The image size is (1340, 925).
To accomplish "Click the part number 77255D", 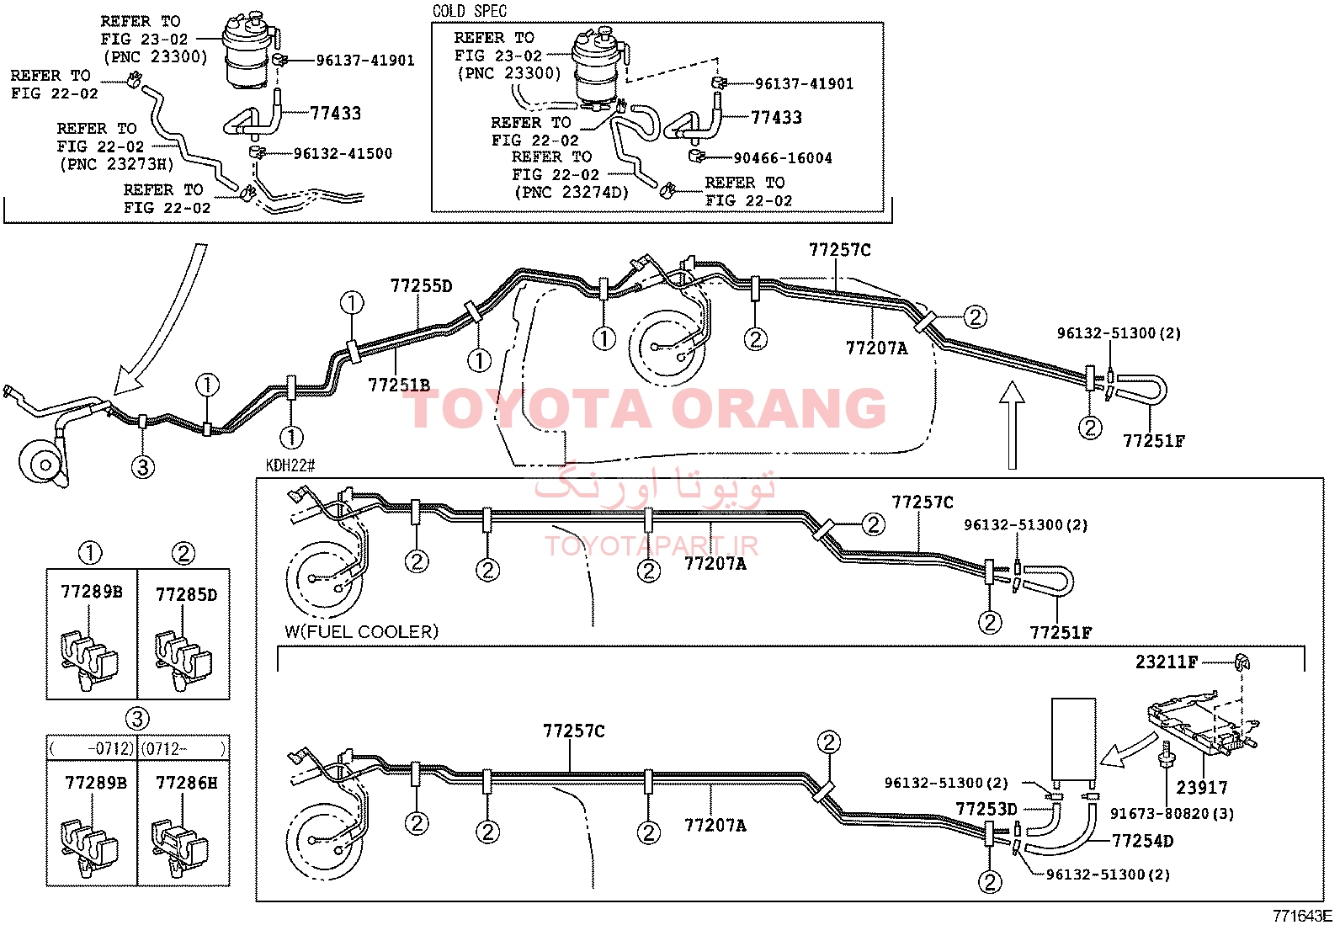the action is (x=421, y=286).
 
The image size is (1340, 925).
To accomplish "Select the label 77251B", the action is (x=399, y=385).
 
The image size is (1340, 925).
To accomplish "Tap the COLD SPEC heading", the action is (x=470, y=12).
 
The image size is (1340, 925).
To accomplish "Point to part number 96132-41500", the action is (x=343, y=154).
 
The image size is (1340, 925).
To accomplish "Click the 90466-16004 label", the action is (x=783, y=158).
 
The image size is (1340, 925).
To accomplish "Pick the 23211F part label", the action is (x=1167, y=662).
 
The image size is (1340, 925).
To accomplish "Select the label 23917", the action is (x=1202, y=788).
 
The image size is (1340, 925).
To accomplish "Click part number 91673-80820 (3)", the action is (x=1172, y=814).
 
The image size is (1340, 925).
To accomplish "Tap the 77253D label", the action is (x=986, y=809).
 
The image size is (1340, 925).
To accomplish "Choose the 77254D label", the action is (x=1142, y=841).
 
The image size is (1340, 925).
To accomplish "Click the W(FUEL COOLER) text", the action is (x=361, y=632).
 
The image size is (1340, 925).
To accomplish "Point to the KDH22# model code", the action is (x=290, y=465).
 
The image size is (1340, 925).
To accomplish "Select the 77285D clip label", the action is (x=186, y=595).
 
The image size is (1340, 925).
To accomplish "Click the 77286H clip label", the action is (x=186, y=783).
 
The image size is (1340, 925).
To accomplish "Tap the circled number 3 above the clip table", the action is (x=137, y=719).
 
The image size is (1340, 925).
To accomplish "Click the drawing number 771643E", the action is (x=1302, y=916).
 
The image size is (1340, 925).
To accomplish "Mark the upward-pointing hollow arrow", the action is (x=1013, y=425).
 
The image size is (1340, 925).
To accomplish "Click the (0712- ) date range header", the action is (x=183, y=748).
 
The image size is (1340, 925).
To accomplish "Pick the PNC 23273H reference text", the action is (x=117, y=164).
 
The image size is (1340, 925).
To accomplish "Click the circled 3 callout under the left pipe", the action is (x=142, y=466).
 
